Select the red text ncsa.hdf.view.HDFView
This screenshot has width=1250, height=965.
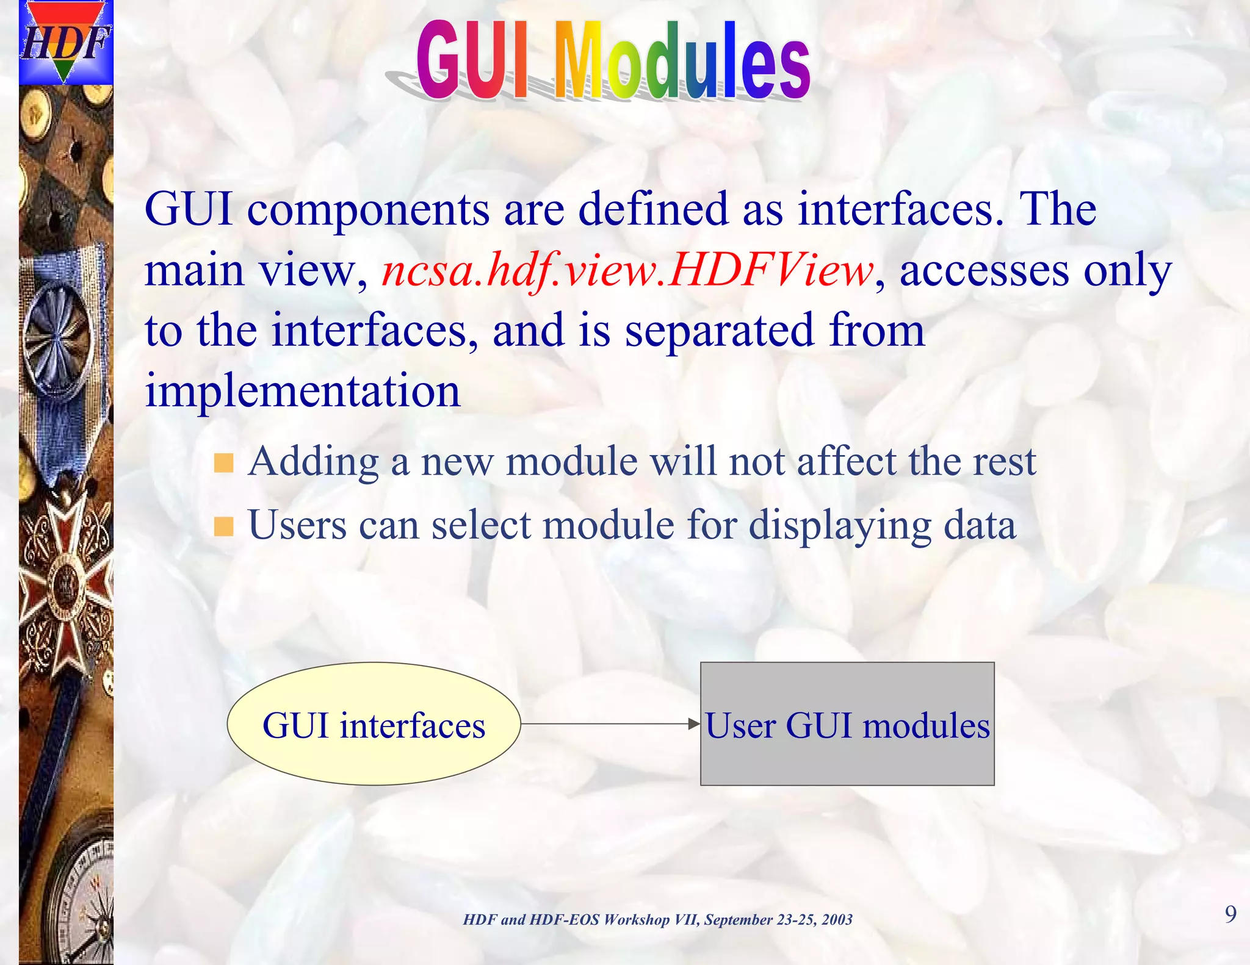(627, 270)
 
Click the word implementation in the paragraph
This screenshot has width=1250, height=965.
(303, 390)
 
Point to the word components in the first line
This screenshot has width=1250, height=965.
(368, 209)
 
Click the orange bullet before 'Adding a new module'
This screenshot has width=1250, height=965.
(224, 463)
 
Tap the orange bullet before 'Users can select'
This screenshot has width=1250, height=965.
(224, 526)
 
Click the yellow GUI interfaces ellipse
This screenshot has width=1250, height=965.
(374, 725)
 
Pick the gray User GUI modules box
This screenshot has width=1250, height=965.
(847, 756)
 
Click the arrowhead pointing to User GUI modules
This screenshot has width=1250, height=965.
(694, 724)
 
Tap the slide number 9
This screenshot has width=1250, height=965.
(1230, 914)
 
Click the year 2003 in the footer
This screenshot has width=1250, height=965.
(837, 920)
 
